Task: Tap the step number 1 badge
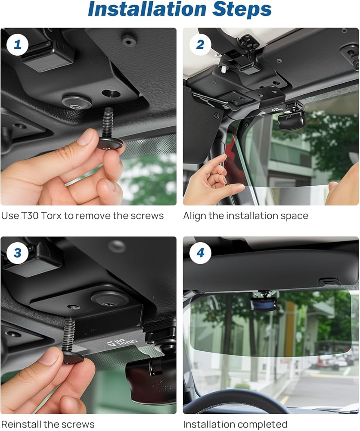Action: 17,44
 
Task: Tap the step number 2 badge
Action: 201,44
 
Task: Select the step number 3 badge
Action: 17,253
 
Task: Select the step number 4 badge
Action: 201,253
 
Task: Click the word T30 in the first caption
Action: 30,216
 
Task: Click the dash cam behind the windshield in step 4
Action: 264,303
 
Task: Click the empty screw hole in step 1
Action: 111,94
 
